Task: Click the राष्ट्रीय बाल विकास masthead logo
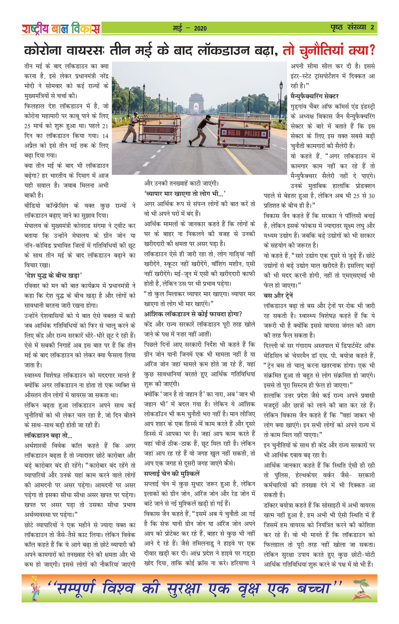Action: tap(61, 28)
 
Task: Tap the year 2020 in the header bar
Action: tap(200, 28)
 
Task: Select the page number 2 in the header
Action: tap(372, 28)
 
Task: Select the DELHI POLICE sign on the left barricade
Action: tap(159, 130)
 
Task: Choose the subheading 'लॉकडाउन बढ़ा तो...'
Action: tap(48, 435)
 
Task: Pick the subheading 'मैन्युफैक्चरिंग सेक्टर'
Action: tap(314, 96)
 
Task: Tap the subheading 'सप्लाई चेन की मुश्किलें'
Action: tap(172, 473)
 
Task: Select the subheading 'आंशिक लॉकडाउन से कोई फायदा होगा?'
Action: tap(193, 314)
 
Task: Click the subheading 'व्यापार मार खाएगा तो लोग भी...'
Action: tap(185, 194)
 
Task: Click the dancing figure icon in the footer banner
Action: tap(35, 588)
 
